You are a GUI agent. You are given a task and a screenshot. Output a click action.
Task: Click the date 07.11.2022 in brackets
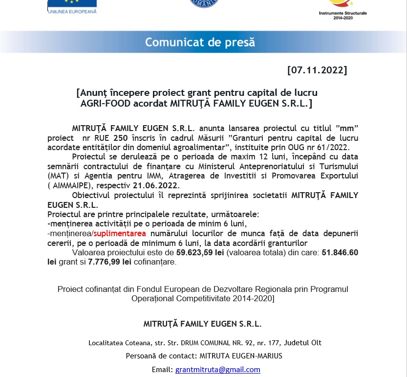pyautogui.click(x=317, y=70)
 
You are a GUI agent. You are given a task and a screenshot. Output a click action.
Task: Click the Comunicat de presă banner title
pyautogui.click(x=200, y=42)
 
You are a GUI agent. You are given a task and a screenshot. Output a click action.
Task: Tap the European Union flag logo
pyautogui.click(x=72, y=4)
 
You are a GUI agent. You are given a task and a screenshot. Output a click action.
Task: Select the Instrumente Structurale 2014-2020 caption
pyautogui.click(x=342, y=15)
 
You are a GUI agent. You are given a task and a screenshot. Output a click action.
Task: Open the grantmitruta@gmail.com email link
pyautogui.click(x=217, y=370)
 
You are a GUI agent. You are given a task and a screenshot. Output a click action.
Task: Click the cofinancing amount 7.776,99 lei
pyautogui.click(x=107, y=262)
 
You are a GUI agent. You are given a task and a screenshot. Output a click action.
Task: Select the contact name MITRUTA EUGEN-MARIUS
pyautogui.click(x=240, y=356)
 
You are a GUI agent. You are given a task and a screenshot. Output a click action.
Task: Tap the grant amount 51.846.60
pyautogui.click(x=340, y=252)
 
